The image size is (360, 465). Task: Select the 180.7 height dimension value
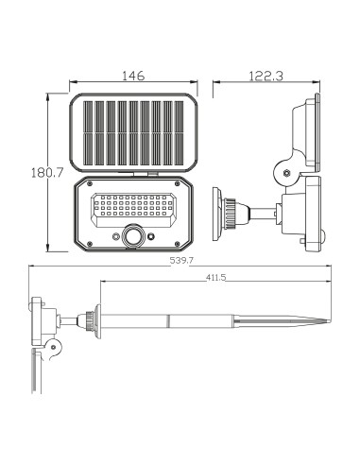pyautogui.click(x=33, y=173)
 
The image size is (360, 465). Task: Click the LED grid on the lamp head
pyautogui.click(x=133, y=210)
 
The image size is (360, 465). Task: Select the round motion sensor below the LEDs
pyautogui.click(x=134, y=236)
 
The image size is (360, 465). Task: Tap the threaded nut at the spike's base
pyautogui.click(x=91, y=320)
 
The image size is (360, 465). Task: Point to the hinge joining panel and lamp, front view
pyautogui.click(x=147, y=174)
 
